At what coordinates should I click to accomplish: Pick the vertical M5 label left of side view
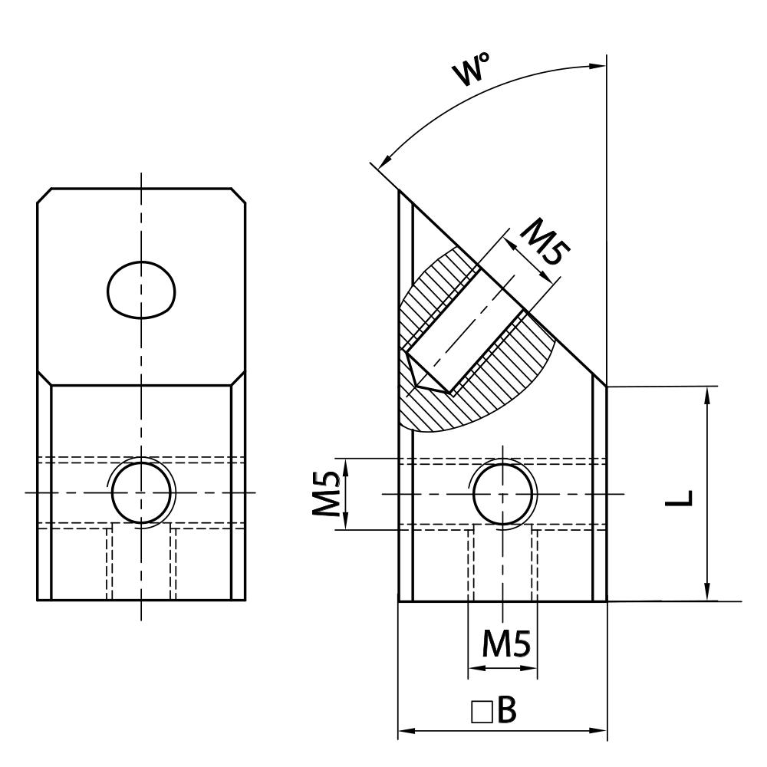coord(328,494)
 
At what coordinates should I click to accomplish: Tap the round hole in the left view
coord(142,492)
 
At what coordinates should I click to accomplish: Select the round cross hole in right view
coord(502,493)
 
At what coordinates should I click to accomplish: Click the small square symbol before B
coord(481,713)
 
